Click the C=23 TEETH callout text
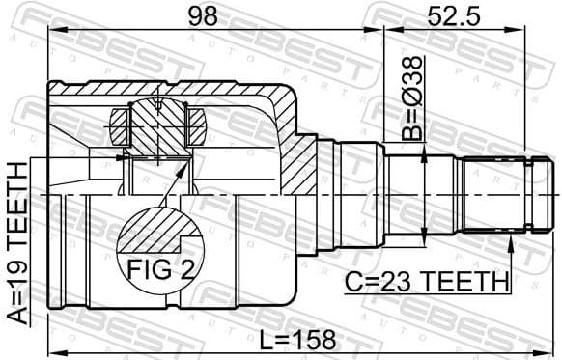(427, 281)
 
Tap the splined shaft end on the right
(498, 193)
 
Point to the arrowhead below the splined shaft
(510, 241)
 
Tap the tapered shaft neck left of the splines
(425, 193)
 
